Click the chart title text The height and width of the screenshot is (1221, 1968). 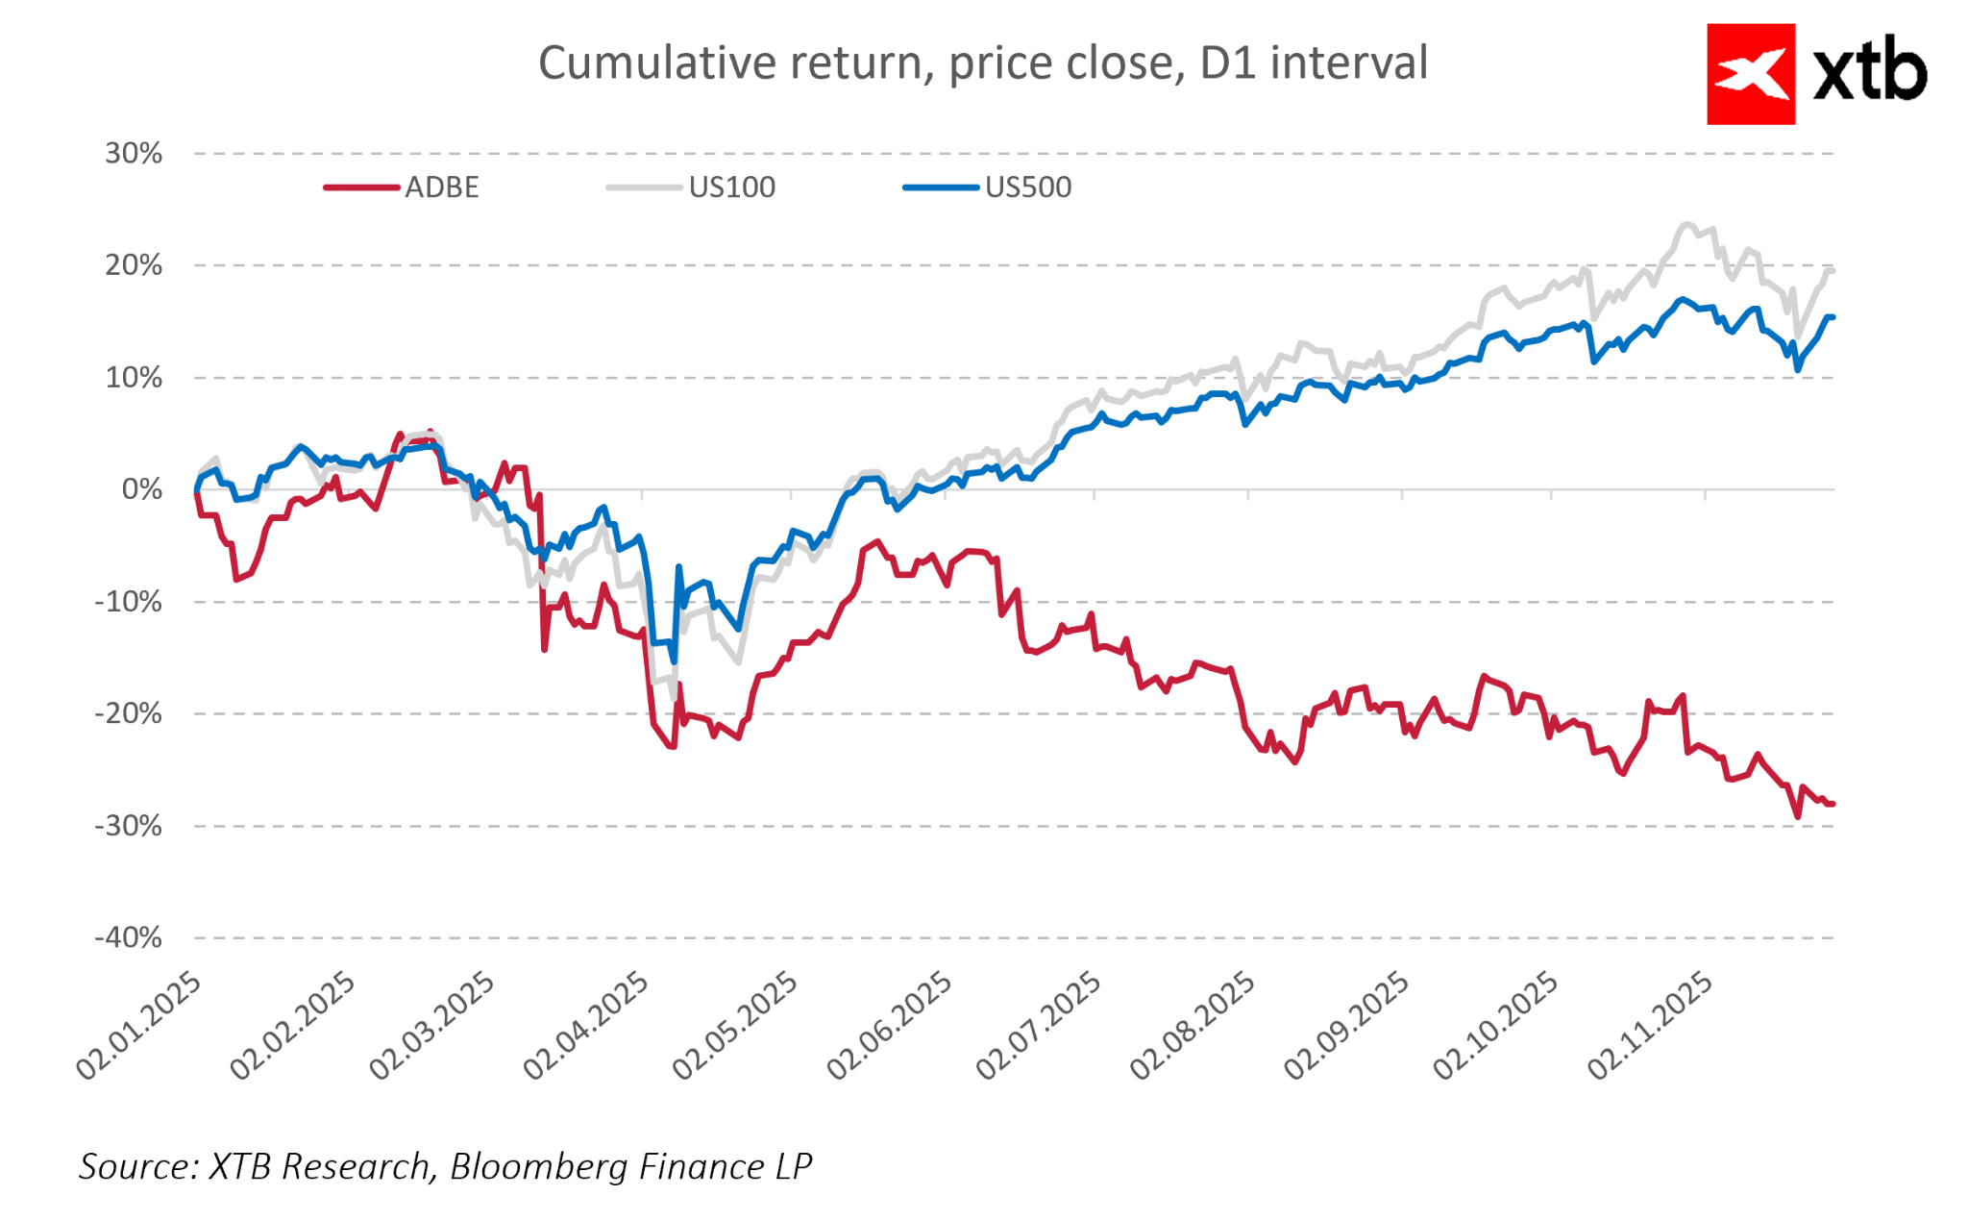pos(982,63)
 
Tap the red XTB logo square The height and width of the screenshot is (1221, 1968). pos(1750,74)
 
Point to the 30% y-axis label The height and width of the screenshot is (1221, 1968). pos(134,154)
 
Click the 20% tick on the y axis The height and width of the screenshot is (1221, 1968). pos(134,265)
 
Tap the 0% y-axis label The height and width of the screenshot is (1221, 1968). pos(142,489)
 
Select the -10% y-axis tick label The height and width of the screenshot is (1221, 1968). pos(129,602)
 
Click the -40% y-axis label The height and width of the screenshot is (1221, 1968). pos(129,937)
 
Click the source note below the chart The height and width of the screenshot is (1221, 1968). pos(445,1166)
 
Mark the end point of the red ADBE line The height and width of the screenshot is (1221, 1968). pos(1832,804)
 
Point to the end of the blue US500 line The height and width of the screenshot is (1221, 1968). pos(1832,317)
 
